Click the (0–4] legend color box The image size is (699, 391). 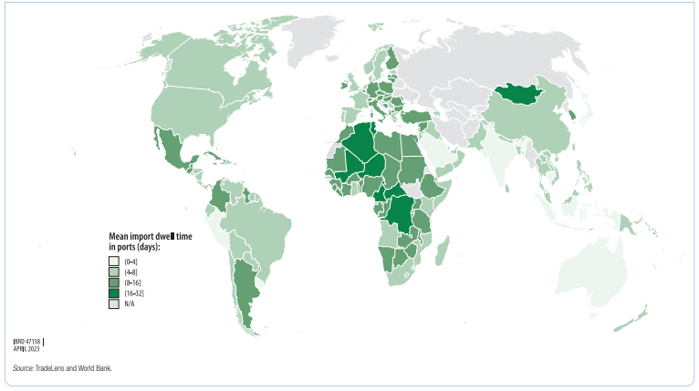(113, 262)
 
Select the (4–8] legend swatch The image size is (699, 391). (113, 272)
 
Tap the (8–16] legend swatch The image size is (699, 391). (113, 283)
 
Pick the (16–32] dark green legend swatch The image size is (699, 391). (113, 293)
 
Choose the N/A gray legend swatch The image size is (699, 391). (113, 304)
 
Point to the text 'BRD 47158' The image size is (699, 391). (28, 340)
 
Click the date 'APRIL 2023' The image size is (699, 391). (27, 348)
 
